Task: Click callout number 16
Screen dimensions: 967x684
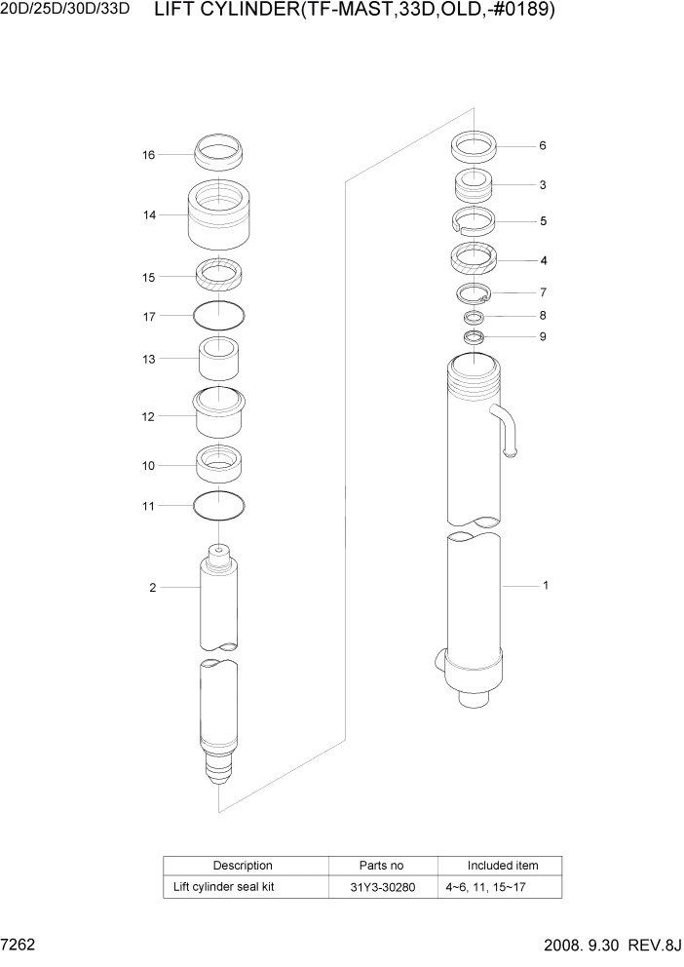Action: pyautogui.click(x=148, y=155)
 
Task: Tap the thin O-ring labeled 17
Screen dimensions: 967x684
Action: pyautogui.click(x=219, y=315)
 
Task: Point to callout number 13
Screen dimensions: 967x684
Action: pyautogui.click(x=148, y=359)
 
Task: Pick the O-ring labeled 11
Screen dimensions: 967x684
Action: pyautogui.click(x=219, y=505)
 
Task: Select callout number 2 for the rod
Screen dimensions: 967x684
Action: pyautogui.click(x=152, y=587)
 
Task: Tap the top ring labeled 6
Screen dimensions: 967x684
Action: pyautogui.click(x=475, y=148)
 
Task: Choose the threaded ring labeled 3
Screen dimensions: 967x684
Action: pyautogui.click(x=475, y=184)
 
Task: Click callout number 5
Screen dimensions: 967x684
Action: pyautogui.click(x=543, y=221)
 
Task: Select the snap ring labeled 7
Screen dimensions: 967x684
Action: pyautogui.click(x=475, y=292)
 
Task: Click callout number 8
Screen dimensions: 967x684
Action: pyautogui.click(x=543, y=316)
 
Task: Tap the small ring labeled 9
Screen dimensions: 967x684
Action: pyautogui.click(x=475, y=337)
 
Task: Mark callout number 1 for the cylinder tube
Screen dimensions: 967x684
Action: pyautogui.click(x=546, y=586)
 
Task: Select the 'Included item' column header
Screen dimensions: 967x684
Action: pyautogui.click(x=502, y=866)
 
